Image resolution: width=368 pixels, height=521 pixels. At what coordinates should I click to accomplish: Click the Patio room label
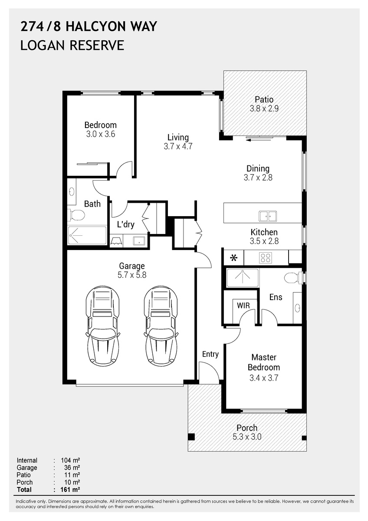tap(264, 99)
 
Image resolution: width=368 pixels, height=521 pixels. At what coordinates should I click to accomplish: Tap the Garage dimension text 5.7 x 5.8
tap(132, 275)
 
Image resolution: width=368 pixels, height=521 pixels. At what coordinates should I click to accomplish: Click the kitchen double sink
tap(268, 216)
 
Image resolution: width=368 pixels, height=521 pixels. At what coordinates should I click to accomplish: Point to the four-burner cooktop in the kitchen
tap(266, 258)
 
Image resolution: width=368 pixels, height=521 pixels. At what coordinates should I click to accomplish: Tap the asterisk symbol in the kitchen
tap(233, 258)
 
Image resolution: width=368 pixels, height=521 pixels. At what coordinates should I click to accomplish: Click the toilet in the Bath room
tap(76, 214)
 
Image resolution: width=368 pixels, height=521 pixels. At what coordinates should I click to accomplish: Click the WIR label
tap(243, 305)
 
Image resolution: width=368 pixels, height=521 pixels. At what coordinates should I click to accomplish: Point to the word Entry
tap(210, 354)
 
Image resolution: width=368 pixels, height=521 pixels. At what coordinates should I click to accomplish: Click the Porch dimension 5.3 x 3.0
tap(247, 437)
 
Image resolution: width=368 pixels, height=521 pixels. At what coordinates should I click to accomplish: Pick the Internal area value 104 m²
tap(70, 460)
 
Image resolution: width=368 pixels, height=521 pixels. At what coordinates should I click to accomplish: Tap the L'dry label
tap(125, 224)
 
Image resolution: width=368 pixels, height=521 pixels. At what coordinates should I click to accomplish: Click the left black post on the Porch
tap(191, 437)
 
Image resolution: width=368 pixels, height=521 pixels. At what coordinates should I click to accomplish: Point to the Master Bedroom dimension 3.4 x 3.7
tap(263, 378)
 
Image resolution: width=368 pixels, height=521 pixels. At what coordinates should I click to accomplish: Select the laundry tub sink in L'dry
tap(139, 241)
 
